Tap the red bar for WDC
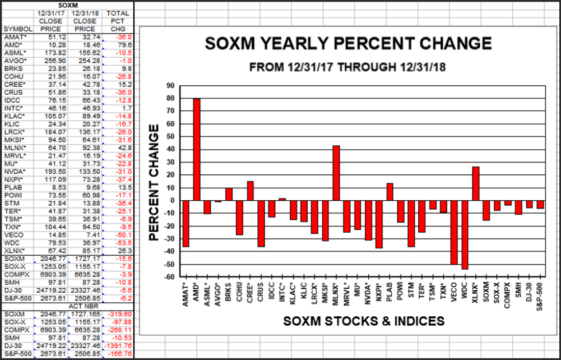click(465, 234)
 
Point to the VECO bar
click(454, 232)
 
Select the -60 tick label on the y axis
click(168, 277)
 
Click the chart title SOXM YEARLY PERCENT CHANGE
click(348, 44)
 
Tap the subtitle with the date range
click(348, 66)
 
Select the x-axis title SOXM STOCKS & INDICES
click(364, 321)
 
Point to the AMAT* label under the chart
click(186, 292)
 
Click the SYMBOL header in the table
click(16, 29)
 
